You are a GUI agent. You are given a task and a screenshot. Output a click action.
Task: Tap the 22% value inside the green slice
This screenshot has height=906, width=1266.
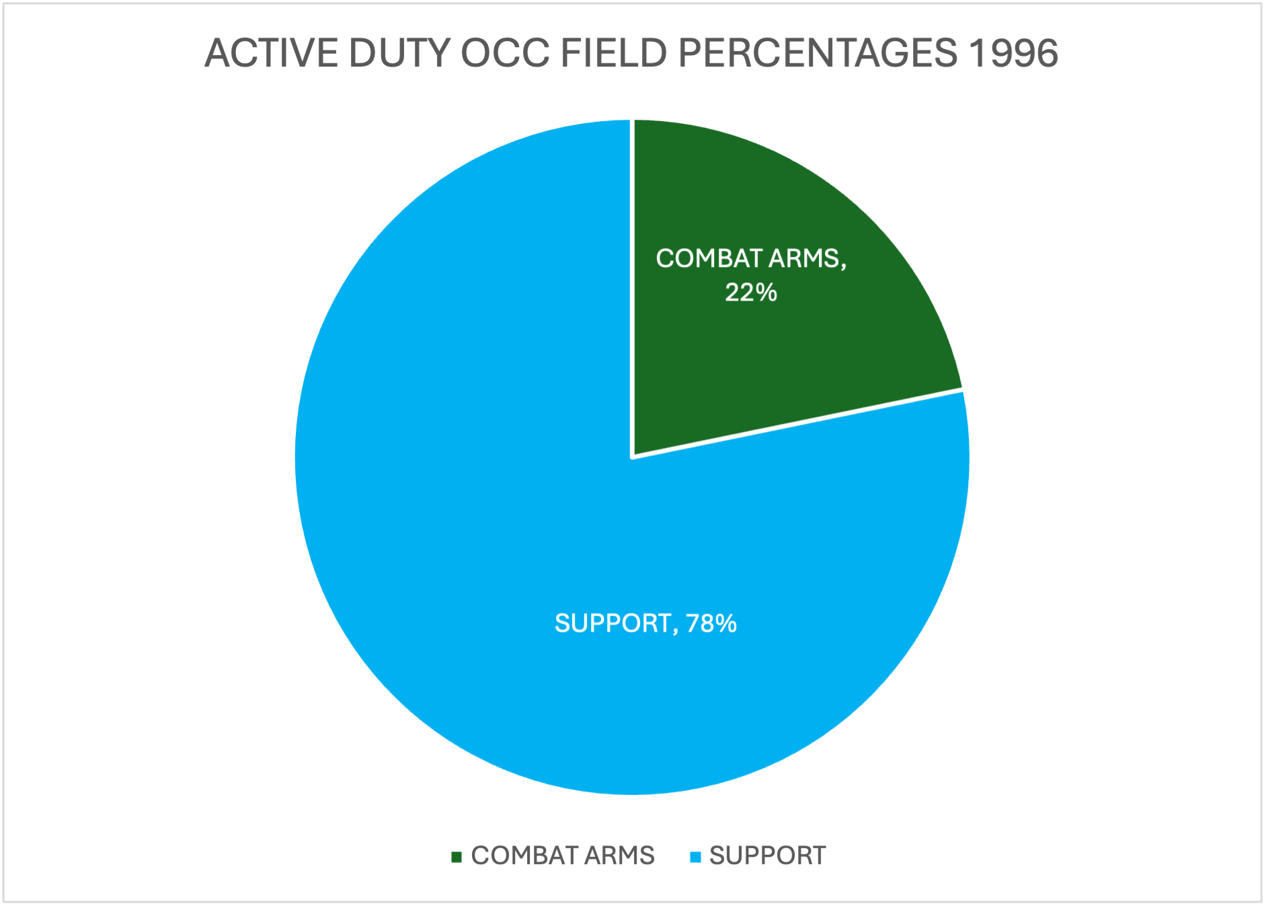[x=750, y=293]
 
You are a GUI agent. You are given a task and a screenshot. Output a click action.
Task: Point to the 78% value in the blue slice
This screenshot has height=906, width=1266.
[x=711, y=624]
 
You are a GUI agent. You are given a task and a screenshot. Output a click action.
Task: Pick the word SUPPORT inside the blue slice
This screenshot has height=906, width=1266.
[x=612, y=624]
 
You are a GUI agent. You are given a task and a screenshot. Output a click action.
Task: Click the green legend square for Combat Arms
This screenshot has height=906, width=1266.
[x=457, y=857]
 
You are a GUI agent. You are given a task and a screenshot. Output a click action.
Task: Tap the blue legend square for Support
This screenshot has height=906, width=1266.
[x=696, y=857]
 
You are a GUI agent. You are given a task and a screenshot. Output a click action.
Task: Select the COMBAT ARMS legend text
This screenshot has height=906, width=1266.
[x=563, y=856]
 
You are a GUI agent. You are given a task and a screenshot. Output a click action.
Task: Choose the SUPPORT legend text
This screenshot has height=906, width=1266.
[x=767, y=856]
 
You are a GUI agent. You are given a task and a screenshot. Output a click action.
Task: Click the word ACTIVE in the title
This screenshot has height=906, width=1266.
[x=272, y=53]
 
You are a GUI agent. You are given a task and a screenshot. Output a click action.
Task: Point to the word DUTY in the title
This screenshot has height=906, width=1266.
[x=399, y=53]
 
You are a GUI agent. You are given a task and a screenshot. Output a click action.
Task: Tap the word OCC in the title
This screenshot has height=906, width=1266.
[x=505, y=53]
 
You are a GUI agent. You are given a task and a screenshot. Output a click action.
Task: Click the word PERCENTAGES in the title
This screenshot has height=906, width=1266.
[x=817, y=53]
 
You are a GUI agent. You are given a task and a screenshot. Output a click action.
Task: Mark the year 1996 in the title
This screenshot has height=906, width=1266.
[x=1013, y=53]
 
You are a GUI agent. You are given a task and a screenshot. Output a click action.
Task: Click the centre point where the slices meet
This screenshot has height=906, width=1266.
[x=632, y=457]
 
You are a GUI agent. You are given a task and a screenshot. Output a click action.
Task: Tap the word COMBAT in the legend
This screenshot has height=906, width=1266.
[x=525, y=856]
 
